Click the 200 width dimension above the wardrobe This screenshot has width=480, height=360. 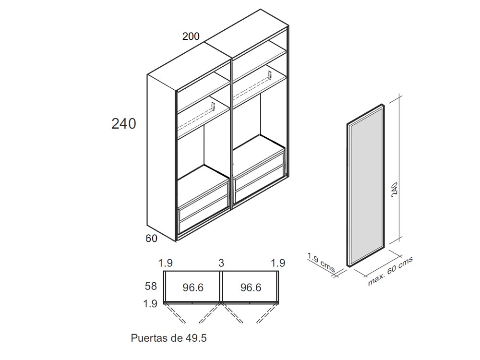point(191,36)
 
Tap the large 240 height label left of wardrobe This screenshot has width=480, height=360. point(124,123)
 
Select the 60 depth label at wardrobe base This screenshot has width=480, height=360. point(152,239)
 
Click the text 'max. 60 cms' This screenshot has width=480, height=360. point(390,271)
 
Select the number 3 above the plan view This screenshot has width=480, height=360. point(221,263)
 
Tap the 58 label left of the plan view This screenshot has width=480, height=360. point(151,287)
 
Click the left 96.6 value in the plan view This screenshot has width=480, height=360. point(193,288)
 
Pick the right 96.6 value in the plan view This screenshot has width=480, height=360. point(251,288)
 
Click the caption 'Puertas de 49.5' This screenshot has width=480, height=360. point(169,338)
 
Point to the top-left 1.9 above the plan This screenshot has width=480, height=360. point(166,263)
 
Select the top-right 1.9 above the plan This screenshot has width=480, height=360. point(278,263)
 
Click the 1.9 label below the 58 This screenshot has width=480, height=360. point(151,303)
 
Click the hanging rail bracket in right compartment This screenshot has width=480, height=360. point(269,75)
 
